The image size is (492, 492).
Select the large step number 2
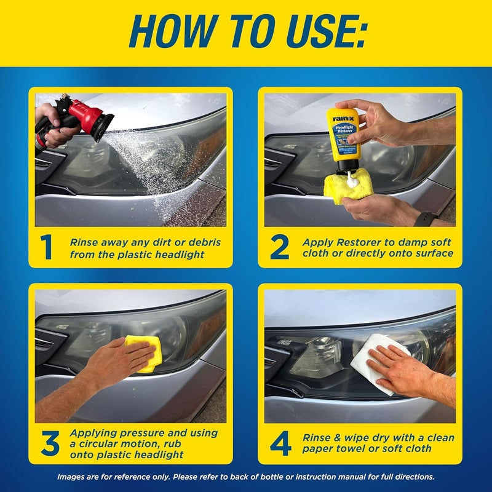(280, 247)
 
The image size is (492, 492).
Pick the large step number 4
(280, 443)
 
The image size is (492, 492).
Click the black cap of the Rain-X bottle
(348, 167)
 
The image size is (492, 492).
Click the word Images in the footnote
(72, 476)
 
